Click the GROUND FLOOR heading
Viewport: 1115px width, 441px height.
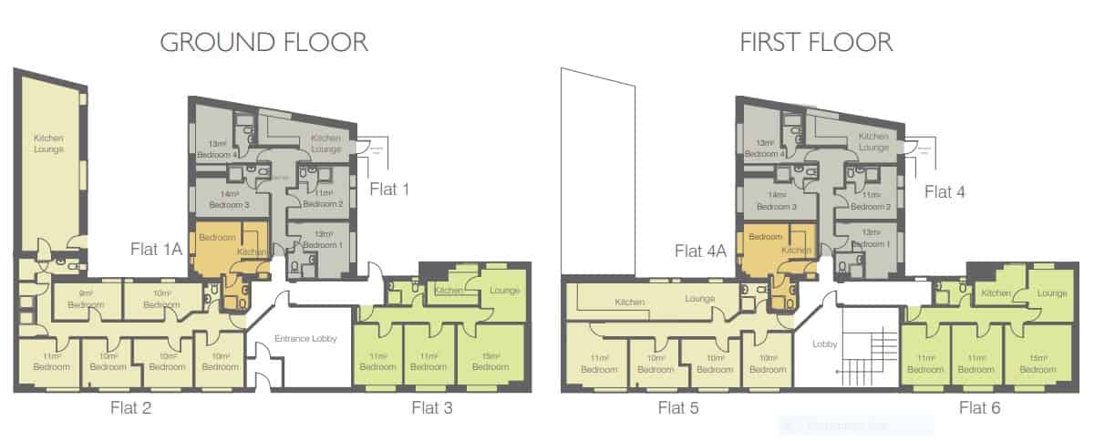click(x=263, y=42)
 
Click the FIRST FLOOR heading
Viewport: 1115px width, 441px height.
click(x=816, y=42)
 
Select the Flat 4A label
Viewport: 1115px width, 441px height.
click(x=700, y=248)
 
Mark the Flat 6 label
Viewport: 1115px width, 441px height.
click(x=979, y=407)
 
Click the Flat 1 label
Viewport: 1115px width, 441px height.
click(x=390, y=190)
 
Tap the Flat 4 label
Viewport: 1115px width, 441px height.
click(x=945, y=191)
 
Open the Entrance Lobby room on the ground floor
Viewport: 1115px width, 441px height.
click(x=305, y=339)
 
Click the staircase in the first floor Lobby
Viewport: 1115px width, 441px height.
click(x=870, y=355)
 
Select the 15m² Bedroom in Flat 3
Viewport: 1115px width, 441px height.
click(x=490, y=360)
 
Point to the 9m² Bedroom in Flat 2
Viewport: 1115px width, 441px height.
click(x=86, y=300)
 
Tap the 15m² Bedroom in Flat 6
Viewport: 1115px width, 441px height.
click(x=1038, y=362)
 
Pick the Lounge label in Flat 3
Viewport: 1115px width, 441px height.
click(x=504, y=291)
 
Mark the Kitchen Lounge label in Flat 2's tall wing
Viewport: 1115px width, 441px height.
click(x=48, y=142)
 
